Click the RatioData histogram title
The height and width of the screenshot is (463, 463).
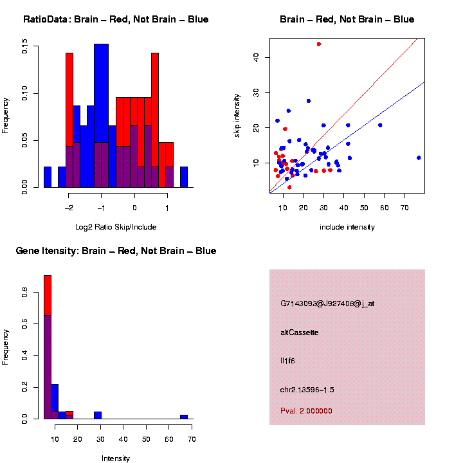pos(116,19)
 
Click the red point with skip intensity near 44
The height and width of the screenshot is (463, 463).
pos(319,44)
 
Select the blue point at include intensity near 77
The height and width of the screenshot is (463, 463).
pos(419,158)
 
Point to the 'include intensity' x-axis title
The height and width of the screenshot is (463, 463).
pos(347,227)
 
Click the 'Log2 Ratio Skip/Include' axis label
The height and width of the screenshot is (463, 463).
pos(116,227)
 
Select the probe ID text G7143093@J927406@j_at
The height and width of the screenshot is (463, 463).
pos(327,304)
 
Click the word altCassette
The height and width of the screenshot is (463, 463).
pos(299,332)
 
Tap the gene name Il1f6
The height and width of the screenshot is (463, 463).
pos(287,361)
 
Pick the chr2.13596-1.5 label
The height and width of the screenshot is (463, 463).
pos(307,390)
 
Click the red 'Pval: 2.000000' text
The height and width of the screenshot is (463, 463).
pos(306,410)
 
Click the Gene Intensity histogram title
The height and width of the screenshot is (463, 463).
pos(116,251)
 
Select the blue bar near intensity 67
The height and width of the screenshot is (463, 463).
pos(184,417)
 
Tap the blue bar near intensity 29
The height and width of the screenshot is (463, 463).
pos(98,415)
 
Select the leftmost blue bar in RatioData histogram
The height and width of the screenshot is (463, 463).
pos(48,177)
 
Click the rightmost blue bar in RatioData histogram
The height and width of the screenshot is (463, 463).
pos(184,177)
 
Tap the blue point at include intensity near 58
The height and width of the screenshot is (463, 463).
pos(380,125)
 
